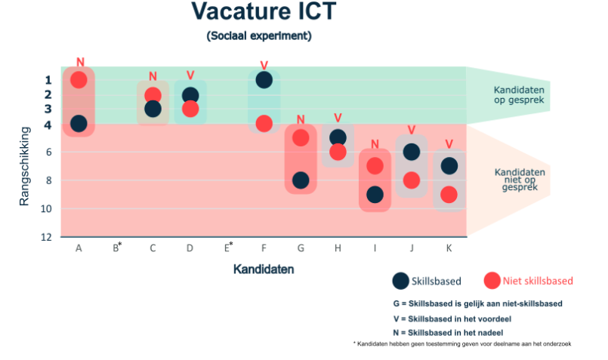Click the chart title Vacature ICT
264,11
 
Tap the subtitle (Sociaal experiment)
259,35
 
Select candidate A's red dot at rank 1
79,80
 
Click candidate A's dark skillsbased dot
79,124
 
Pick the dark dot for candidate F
264,80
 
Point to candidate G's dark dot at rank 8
301,180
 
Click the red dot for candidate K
449,195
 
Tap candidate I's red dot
375,166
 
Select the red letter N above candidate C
153,76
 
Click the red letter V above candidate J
412,130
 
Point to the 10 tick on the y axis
46,209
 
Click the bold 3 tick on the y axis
48,109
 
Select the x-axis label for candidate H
338,248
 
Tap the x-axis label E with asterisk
228,247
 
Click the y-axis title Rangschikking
24,166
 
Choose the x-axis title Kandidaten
264,269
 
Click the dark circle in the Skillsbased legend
400,281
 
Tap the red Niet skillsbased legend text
538,281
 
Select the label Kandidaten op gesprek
519,95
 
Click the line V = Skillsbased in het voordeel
452,319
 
